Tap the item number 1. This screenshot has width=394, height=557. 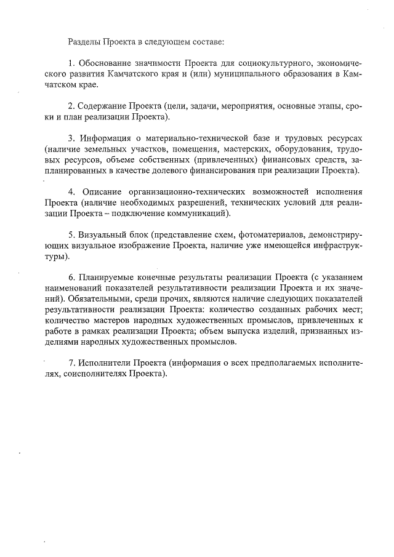[x=71, y=63]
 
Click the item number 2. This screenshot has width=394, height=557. [x=71, y=106]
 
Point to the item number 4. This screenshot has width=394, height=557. [x=71, y=191]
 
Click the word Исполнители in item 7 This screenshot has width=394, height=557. [x=105, y=363]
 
